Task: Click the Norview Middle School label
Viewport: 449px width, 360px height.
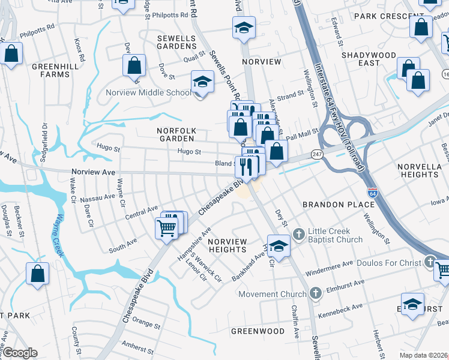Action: pyautogui.click(x=148, y=92)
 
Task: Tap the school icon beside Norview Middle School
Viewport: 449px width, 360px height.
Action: pyautogui.click(x=203, y=83)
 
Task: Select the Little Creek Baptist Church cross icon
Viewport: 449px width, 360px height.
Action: pyautogui.click(x=298, y=232)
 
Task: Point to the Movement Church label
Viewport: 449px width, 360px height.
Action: pyautogui.click(x=272, y=294)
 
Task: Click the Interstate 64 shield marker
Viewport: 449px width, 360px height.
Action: pyautogui.click(x=373, y=193)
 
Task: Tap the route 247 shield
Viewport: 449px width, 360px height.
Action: pyautogui.click(x=317, y=154)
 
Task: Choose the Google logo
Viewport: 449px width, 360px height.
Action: pyautogui.click(x=19, y=353)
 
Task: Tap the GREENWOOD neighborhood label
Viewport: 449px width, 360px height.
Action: pyautogui.click(x=258, y=331)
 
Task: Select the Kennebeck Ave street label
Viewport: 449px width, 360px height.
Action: pyautogui.click(x=341, y=308)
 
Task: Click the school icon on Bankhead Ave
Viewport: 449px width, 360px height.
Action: pyautogui.click(x=278, y=247)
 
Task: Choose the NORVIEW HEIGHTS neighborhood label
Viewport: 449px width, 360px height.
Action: pyautogui.click(x=227, y=245)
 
